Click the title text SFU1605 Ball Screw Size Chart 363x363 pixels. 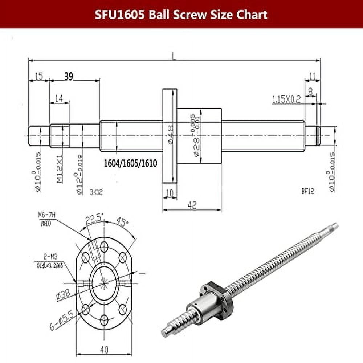(181, 15)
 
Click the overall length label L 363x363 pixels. (174, 56)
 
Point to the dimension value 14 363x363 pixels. (59, 98)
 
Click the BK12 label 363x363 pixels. (96, 192)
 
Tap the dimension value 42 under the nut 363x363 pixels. (192, 205)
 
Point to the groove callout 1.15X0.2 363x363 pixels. (286, 99)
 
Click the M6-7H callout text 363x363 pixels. (46, 216)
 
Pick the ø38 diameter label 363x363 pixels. (63, 296)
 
